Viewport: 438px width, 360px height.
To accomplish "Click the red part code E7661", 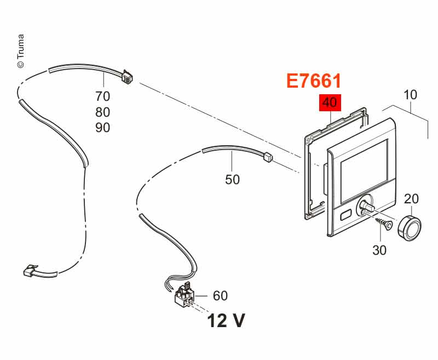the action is click(x=314, y=81).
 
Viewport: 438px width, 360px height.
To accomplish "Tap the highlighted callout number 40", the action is click(x=330, y=102).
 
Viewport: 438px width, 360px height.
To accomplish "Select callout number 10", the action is click(x=410, y=95).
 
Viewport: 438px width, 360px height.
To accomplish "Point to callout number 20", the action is click(x=412, y=199).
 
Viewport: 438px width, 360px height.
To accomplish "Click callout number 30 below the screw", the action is click(x=379, y=250).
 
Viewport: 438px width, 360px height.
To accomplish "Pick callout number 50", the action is click(x=232, y=179).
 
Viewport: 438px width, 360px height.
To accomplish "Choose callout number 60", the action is click(x=221, y=296).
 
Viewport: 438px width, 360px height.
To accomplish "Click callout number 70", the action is click(x=103, y=96).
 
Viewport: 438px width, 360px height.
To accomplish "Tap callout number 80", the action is click(x=103, y=112).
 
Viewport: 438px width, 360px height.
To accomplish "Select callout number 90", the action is click(x=103, y=128).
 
